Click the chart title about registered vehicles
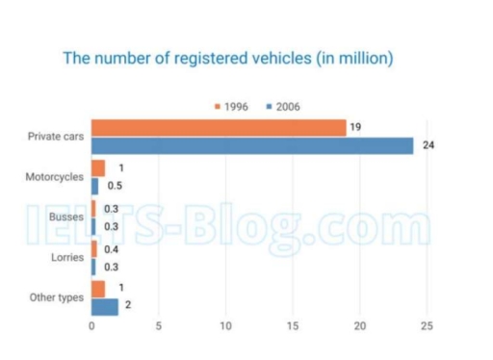[227, 58]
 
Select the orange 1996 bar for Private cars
[218, 128]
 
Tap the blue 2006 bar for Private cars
[251, 145]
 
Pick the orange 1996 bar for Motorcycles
[98, 168]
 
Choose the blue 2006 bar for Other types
[105, 306]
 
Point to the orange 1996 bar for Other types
[98, 289]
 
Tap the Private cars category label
[55, 137]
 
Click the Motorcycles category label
[56, 177]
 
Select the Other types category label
[58, 298]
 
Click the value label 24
[428, 145]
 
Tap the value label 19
[356, 127]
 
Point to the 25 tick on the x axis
[428, 325]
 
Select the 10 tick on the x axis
[225, 325]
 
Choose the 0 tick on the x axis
[91, 325]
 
